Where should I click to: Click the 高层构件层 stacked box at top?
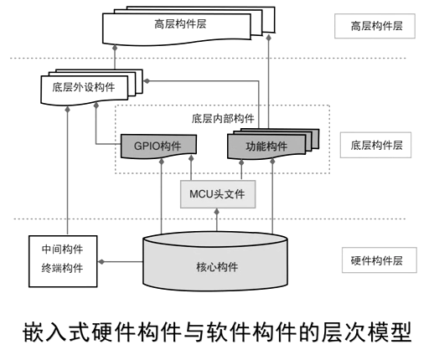[179, 26]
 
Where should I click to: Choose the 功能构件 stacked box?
[266, 146]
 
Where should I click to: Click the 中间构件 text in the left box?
[62, 249]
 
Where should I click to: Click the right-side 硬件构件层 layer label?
[376, 260]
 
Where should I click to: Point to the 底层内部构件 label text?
[221, 118]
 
